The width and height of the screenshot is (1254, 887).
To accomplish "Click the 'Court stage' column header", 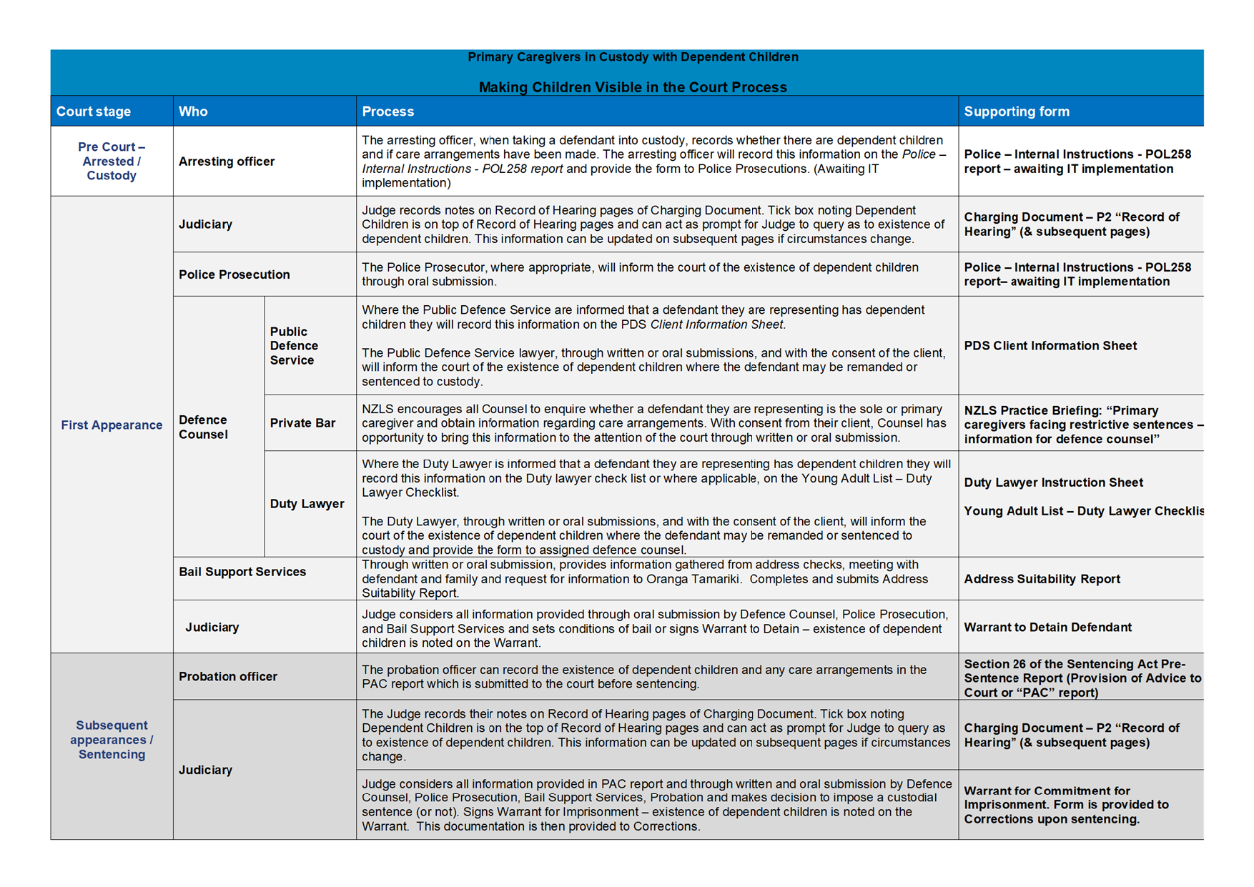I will pyautogui.click(x=94, y=112).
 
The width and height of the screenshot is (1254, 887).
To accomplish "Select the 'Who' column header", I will pyautogui.click(x=193, y=112).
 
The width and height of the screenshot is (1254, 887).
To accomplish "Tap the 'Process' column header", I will pyautogui.click(x=387, y=112).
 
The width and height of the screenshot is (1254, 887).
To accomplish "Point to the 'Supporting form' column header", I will pyautogui.click(x=1016, y=112).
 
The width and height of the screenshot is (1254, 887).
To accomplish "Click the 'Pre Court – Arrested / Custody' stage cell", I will pyautogui.click(x=112, y=162).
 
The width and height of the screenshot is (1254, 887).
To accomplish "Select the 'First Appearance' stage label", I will pyautogui.click(x=112, y=425).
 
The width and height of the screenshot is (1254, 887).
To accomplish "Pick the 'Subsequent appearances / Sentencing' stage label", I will pyautogui.click(x=112, y=740).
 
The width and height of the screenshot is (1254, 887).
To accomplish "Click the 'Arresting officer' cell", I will pyautogui.click(x=227, y=162).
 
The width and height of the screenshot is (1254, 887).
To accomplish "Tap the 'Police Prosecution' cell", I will pyautogui.click(x=234, y=274).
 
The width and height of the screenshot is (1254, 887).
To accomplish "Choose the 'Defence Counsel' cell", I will pyautogui.click(x=203, y=427).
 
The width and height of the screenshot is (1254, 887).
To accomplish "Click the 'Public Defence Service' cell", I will pyautogui.click(x=294, y=346).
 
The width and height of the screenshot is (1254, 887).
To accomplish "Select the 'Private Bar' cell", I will pyautogui.click(x=302, y=423).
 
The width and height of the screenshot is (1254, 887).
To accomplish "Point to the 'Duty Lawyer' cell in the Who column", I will pyautogui.click(x=307, y=504).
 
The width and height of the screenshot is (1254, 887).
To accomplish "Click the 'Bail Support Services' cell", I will pyautogui.click(x=242, y=572).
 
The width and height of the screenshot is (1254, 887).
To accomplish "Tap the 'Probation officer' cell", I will pyautogui.click(x=228, y=676).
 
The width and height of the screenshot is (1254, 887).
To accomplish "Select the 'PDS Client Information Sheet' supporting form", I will pyautogui.click(x=1050, y=346).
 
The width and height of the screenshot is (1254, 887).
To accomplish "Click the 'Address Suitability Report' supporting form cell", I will pyautogui.click(x=1042, y=579).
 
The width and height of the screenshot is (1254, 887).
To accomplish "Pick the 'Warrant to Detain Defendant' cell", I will pyautogui.click(x=1047, y=628).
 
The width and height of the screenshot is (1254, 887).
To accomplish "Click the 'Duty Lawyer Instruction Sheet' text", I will pyautogui.click(x=1053, y=482).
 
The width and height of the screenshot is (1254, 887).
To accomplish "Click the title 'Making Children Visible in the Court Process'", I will pyautogui.click(x=633, y=87).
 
